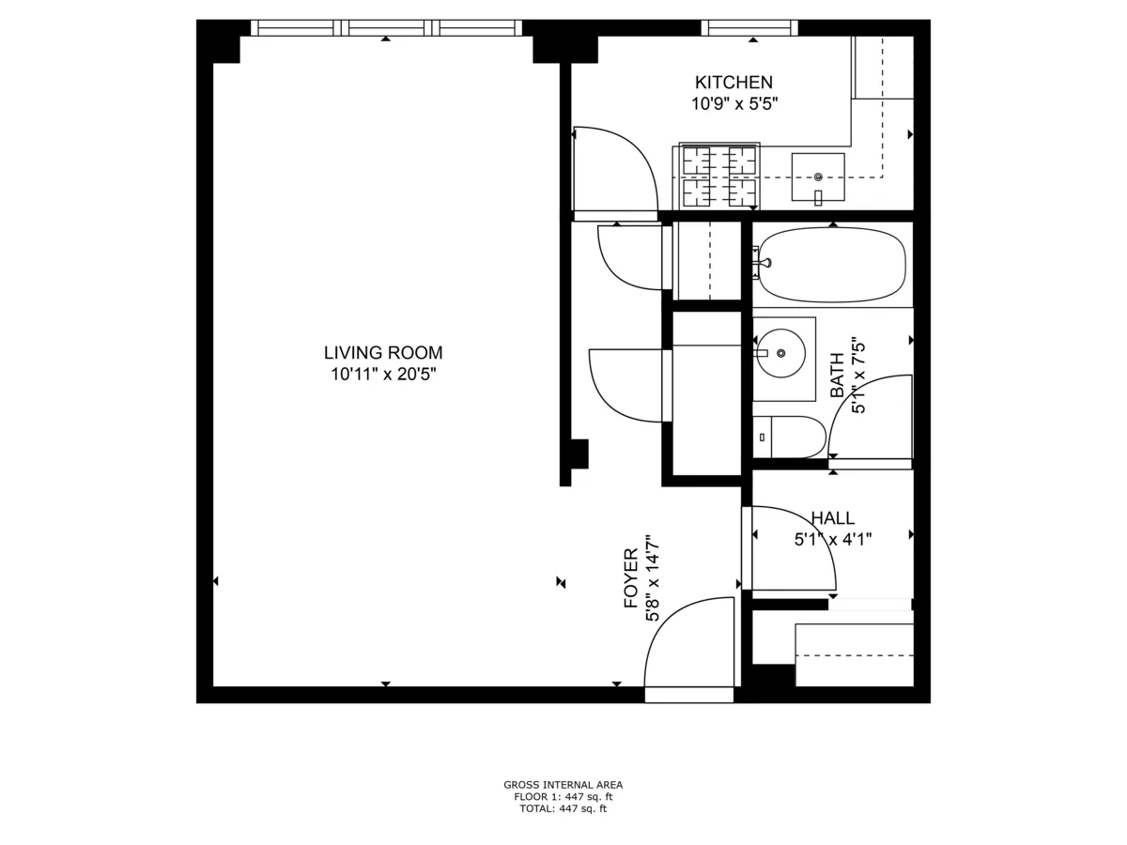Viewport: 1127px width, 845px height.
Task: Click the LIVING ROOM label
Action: [383, 353]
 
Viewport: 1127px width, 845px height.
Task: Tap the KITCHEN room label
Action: [733, 83]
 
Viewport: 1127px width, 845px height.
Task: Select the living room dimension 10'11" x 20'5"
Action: [383, 375]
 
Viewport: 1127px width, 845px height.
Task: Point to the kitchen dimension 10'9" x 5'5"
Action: [733, 103]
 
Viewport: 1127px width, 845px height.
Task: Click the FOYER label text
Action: [631, 578]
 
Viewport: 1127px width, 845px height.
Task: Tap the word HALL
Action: [832, 518]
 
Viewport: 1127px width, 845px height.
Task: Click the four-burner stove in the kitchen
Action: [718, 177]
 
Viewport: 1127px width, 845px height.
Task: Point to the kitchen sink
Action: [818, 177]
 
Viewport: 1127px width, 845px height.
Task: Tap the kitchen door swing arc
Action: [615, 169]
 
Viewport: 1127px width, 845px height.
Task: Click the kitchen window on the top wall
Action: [749, 28]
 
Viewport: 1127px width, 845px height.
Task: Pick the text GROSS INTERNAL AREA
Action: [563, 785]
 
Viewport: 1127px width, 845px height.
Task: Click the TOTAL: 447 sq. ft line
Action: [563, 808]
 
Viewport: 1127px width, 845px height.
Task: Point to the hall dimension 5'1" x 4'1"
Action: [832, 539]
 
